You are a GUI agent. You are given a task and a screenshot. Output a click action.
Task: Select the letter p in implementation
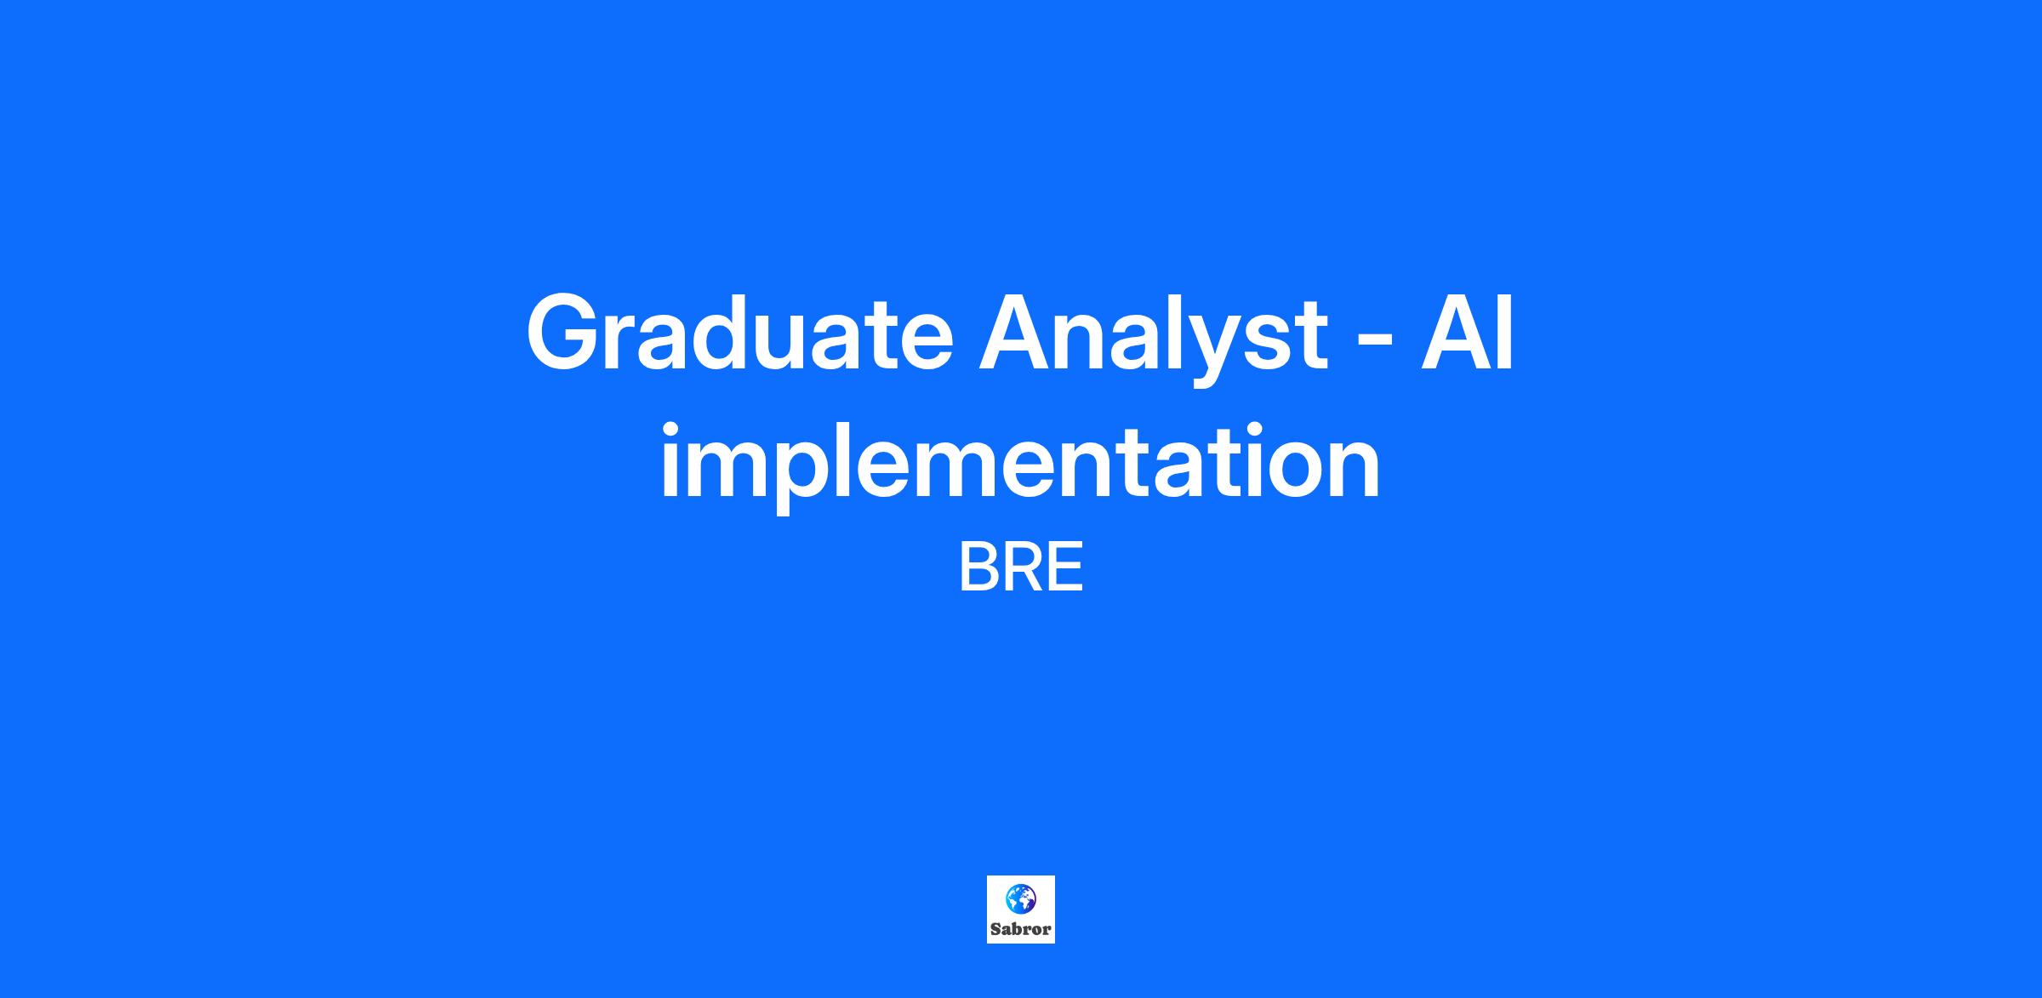(x=816, y=476)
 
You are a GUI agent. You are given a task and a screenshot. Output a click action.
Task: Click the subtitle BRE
(x=1021, y=568)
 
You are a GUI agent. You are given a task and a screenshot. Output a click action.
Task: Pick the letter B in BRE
(x=979, y=568)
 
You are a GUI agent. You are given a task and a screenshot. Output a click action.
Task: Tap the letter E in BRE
(x=1066, y=568)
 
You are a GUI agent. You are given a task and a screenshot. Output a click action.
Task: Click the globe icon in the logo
(x=1021, y=898)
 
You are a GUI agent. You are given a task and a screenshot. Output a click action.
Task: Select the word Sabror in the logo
(x=1021, y=929)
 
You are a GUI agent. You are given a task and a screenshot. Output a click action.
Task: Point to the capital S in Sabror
(x=995, y=929)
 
